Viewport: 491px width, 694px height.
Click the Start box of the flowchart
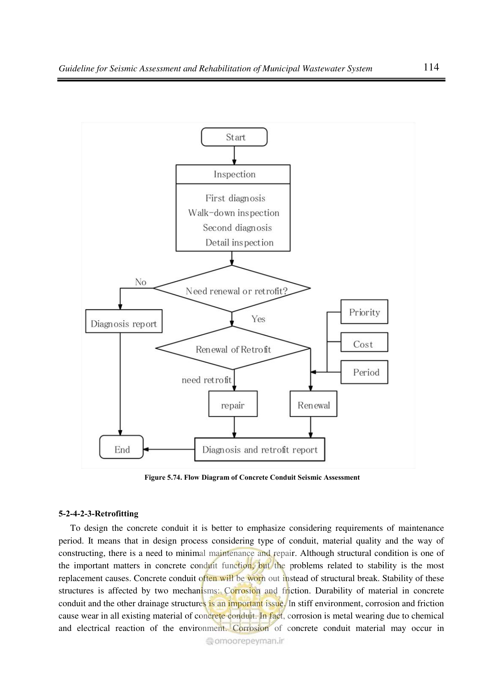point(234,137)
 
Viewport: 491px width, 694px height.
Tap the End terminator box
point(122,447)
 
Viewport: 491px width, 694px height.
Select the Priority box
point(364,312)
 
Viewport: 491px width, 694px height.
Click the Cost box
point(364,342)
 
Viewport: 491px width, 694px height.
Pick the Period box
point(364,372)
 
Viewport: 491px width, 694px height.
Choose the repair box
point(233,404)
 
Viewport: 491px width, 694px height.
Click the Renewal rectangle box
point(313,404)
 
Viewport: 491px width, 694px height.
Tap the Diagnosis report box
point(124,321)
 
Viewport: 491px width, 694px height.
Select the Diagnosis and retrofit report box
point(260,449)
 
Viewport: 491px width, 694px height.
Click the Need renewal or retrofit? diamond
point(232,288)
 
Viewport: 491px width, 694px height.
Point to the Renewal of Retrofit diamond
point(233,348)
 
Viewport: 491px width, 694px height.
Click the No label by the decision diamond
point(141,282)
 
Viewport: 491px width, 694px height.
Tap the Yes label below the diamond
point(258,319)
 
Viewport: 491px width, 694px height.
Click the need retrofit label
point(207,380)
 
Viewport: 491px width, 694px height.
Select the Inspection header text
point(235,174)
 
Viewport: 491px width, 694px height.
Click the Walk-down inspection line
point(234,213)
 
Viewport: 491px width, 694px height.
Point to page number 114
point(431,67)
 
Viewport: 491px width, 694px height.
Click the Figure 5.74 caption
point(252,477)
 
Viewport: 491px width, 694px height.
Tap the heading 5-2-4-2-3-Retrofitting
point(98,513)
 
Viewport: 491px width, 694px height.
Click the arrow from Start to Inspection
point(234,155)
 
